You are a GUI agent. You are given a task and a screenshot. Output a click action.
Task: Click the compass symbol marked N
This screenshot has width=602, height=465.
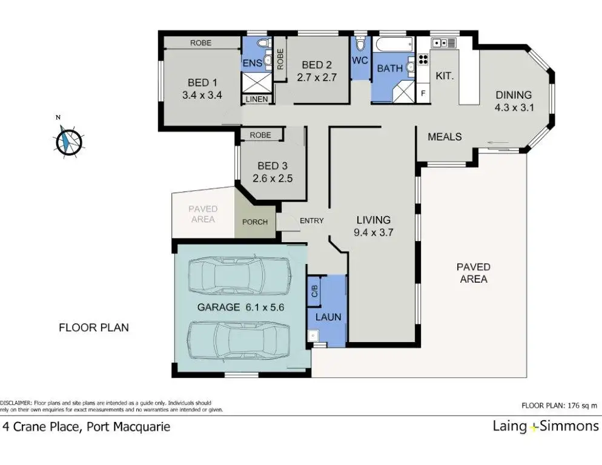68,140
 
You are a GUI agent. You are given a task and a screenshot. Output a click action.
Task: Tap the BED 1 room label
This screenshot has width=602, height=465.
202,82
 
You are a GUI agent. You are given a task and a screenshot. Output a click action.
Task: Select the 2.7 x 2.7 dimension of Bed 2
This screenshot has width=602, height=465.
317,77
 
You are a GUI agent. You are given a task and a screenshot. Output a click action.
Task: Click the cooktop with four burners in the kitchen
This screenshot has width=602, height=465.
423,59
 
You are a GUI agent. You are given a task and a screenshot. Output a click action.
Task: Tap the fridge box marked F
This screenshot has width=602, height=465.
423,93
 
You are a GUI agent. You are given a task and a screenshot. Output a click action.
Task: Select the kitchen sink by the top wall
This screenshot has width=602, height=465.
443,42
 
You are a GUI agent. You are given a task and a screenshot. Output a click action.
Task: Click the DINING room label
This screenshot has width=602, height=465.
514,95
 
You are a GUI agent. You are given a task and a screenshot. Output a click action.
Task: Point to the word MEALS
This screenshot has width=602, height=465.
445,137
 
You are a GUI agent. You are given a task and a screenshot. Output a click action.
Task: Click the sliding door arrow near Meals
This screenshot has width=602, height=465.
498,144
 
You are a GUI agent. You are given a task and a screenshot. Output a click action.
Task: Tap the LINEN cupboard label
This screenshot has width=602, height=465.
256,99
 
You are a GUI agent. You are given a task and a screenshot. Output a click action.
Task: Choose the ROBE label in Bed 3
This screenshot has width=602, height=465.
260,135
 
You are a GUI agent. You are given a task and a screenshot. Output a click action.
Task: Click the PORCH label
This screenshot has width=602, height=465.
255,222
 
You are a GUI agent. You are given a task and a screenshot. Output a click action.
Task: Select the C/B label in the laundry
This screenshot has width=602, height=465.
314,291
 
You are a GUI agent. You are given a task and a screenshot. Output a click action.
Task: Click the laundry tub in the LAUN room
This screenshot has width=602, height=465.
313,335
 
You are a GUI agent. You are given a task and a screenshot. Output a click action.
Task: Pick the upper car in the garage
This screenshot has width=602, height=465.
240,274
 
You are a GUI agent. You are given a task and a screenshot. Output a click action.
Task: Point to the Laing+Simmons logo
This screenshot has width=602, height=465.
546,426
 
